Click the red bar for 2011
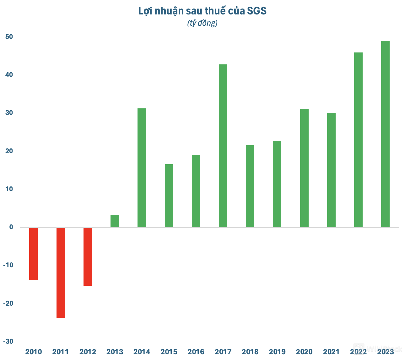[x=61, y=272]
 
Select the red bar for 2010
[x=34, y=254]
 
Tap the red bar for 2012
[x=88, y=256]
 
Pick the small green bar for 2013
[x=115, y=221]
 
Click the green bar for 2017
[x=223, y=146]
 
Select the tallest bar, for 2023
[x=385, y=134]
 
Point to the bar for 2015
[x=169, y=196]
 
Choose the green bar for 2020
[x=304, y=168]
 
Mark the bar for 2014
[x=142, y=168]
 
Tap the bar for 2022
[x=358, y=140]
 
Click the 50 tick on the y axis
[x=9, y=37]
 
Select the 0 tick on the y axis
[x=11, y=227]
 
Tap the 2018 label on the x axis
[x=250, y=352]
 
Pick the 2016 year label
[x=196, y=352]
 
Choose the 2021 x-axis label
[x=331, y=352]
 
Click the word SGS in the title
[x=257, y=11]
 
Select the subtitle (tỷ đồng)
[x=202, y=23]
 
